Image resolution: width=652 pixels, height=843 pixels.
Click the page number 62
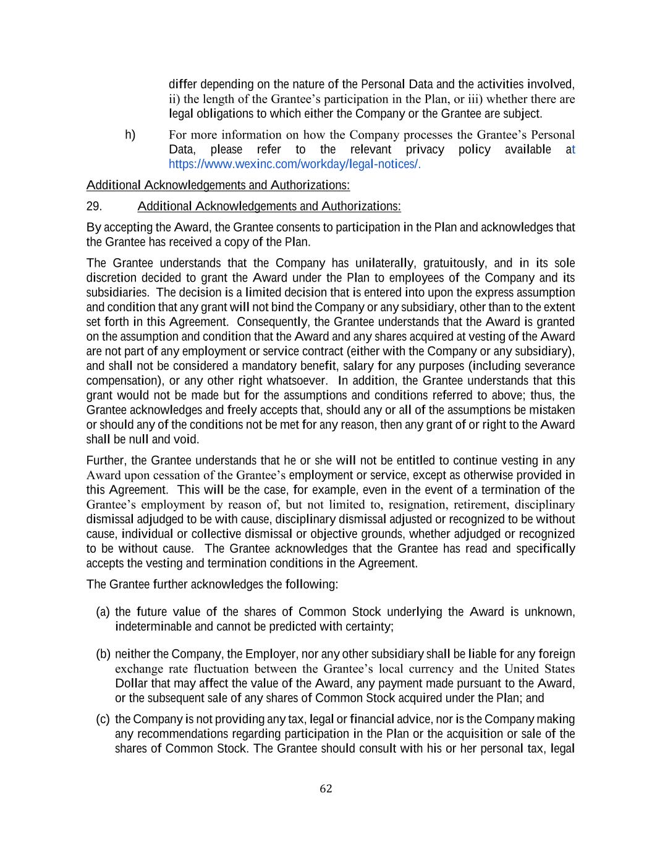tap(326, 789)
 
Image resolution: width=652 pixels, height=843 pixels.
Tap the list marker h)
tap(130, 135)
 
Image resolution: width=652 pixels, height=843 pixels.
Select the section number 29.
tap(94, 206)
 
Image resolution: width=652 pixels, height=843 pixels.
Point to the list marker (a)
tap(103, 612)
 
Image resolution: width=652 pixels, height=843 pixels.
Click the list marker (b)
tap(103, 654)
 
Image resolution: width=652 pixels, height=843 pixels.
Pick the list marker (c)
tap(103, 719)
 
